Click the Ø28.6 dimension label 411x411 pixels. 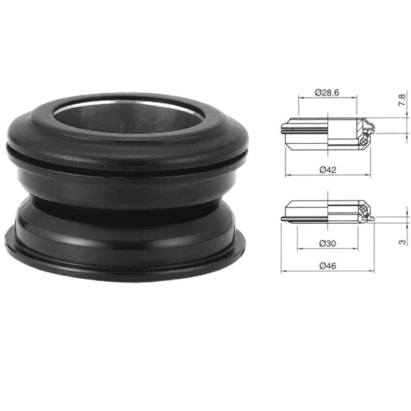327,92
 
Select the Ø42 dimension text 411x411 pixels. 327,170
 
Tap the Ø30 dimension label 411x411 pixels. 327,244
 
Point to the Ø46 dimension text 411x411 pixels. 327,266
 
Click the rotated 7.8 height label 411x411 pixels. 402,100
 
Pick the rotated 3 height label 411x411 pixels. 402,242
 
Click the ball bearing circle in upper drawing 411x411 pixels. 363,142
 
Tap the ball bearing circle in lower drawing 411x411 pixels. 363,209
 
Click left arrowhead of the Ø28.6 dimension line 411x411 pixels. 300,98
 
